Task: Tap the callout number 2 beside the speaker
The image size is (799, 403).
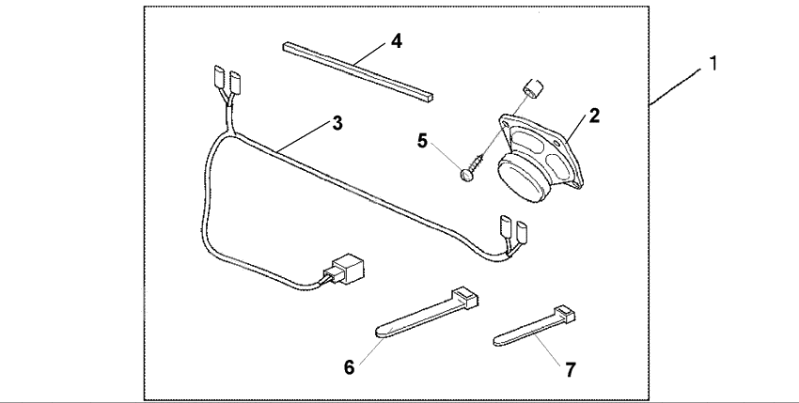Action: (593, 116)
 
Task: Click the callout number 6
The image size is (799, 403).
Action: (349, 367)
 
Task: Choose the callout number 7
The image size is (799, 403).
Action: (569, 369)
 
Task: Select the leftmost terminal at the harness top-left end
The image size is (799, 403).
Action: (217, 75)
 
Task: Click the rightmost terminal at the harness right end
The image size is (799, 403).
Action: (520, 228)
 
